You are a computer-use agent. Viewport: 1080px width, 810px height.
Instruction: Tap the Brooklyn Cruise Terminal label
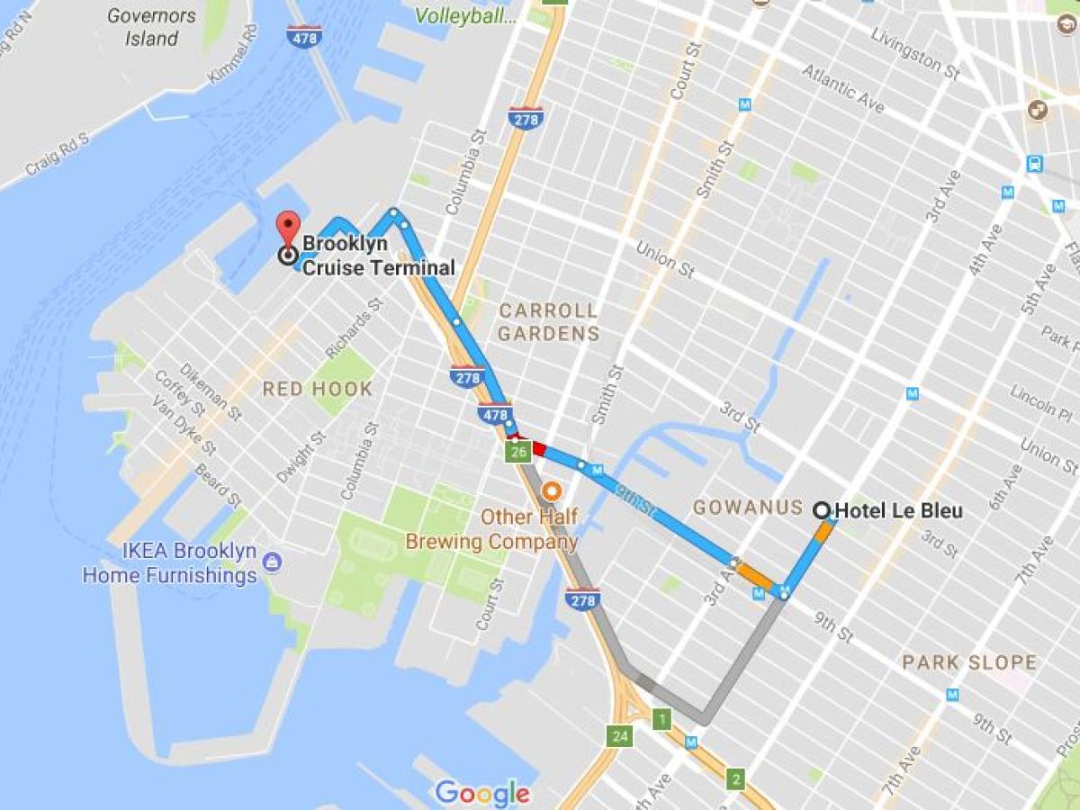[x=378, y=256]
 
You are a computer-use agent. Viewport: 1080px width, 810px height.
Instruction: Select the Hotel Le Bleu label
[x=898, y=511]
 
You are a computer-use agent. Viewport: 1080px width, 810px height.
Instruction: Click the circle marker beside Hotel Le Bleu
[x=821, y=510]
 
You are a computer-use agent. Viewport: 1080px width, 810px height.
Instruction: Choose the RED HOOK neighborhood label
[x=317, y=389]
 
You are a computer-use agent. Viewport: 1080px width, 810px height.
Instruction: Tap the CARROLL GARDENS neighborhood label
[x=548, y=322]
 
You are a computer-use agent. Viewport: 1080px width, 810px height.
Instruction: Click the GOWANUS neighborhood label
[x=747, y=508]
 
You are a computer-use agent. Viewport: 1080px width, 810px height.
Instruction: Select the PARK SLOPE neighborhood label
[x=969, y=663]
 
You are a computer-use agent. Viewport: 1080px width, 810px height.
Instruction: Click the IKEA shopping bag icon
[x=272, y=563]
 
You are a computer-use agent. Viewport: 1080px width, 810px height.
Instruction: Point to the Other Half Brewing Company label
[x=491, y=529]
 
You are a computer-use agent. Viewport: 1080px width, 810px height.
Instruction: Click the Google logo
[x=482, y=793]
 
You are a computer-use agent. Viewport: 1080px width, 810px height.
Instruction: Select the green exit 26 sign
[x=517, y=452]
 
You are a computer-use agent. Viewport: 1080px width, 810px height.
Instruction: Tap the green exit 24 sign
[x=620, y=736]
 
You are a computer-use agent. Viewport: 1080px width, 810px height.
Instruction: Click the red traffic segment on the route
[x=538, y=447]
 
